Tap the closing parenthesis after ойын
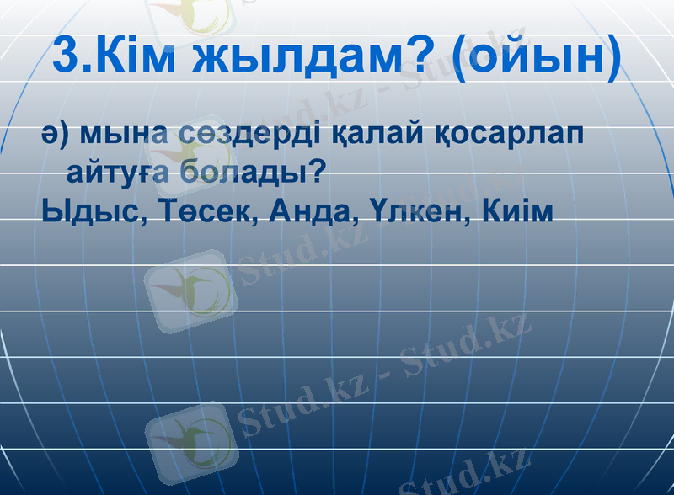click(611, 57)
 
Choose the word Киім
click(519, 210)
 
